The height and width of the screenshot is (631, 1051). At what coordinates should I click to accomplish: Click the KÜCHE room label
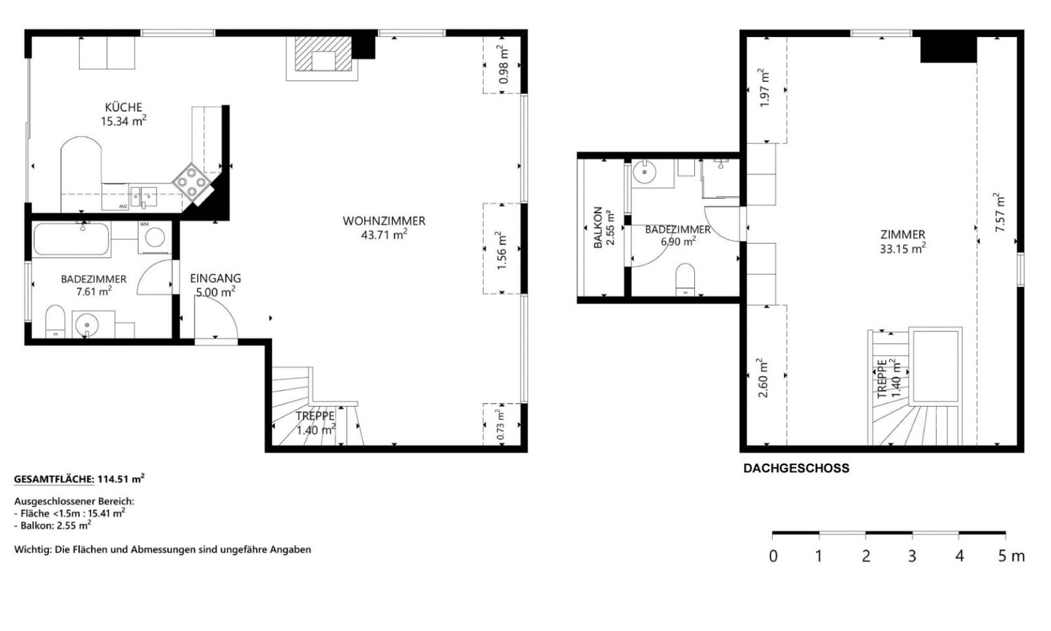point(123,107)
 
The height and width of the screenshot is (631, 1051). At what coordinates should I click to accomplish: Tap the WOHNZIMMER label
point(384,221)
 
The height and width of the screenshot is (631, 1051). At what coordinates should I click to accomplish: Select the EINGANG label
point(215,279)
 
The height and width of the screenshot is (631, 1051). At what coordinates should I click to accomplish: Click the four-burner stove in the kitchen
point(191,181)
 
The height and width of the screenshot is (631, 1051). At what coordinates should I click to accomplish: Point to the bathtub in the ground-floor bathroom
point(71,239)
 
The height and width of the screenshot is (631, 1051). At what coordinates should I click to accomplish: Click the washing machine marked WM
point(154,237)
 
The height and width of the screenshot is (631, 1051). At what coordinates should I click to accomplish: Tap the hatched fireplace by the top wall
point(323,55)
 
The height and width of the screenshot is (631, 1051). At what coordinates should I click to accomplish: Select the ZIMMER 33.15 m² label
point(902,242)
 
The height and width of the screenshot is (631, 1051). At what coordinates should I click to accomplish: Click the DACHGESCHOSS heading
point(796,469)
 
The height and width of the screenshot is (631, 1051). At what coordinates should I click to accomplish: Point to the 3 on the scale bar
point(912,556)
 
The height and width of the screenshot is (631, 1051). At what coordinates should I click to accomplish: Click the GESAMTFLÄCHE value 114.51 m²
point(121,479)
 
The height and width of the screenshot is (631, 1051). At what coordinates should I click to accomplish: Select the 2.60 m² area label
point(763,378)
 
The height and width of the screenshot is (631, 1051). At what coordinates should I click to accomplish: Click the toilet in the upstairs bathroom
point(685,279)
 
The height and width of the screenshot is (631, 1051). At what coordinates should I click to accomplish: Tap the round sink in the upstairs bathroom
point(645,172)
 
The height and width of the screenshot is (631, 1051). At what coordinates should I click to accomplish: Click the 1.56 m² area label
point(502,250)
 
